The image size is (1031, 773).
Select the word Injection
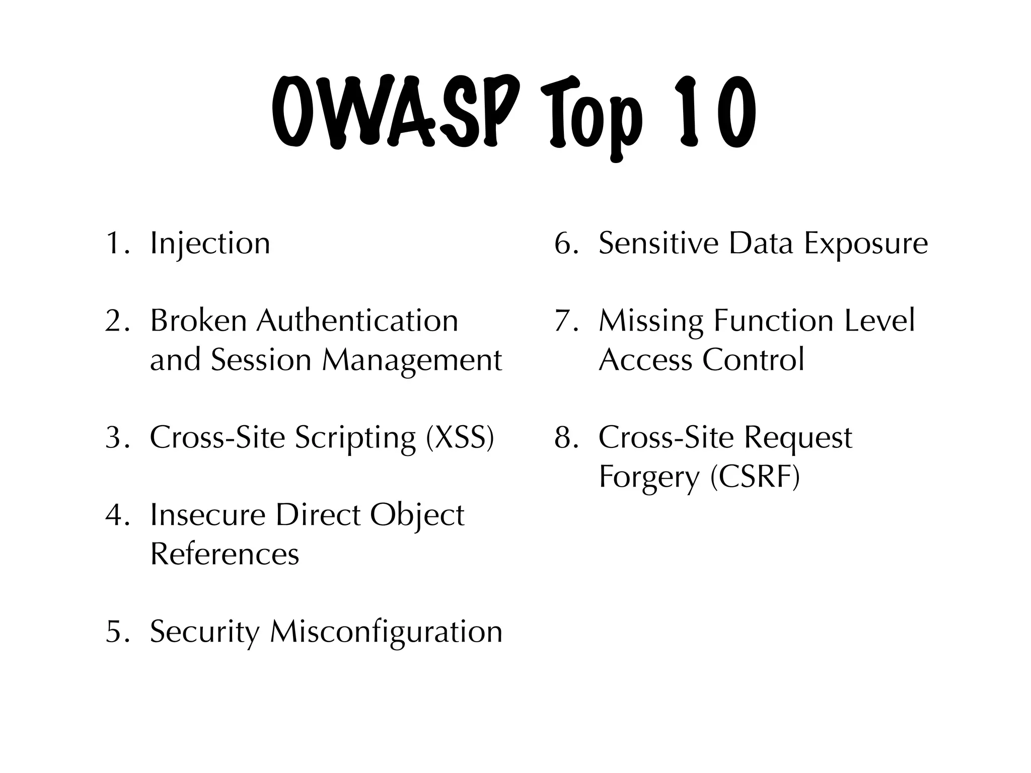click(x=210, y=244)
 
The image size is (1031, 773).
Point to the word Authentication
click(x=357, y=321)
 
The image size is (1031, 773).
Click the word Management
click(x=412, y=360)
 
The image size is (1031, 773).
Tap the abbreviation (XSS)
click(x=460, y=437)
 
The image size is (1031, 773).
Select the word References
click(x=225, y=554)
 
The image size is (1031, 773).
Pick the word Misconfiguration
click(x=386, y=632)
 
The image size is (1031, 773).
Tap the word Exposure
click(x=865, y=244)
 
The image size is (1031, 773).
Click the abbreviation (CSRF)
click(x=755, y=477)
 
